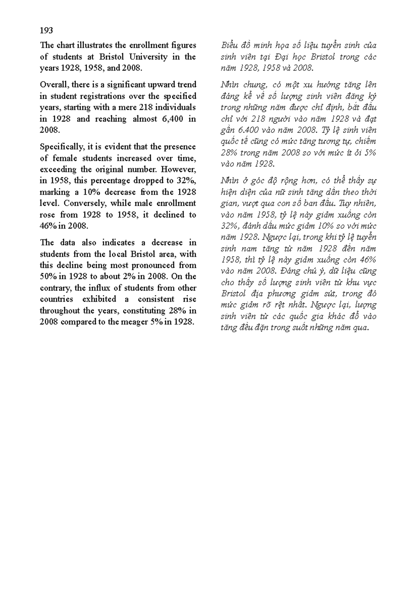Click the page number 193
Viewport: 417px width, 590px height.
point(46,31)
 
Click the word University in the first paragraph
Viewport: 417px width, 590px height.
point(149,57)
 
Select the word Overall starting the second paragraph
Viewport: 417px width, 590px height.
point(54,85)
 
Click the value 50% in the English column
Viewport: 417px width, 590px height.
point(47,277)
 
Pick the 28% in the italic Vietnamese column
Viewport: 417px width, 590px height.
point(229,153)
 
